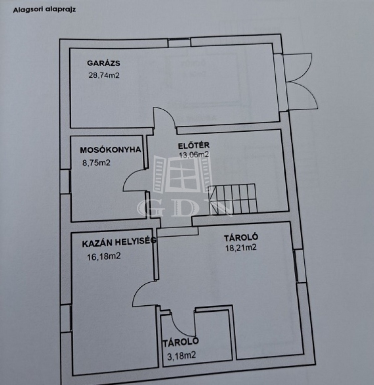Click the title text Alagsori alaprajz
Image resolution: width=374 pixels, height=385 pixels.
[x=44, y=10]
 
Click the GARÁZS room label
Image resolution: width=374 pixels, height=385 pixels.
[x=104, y=63]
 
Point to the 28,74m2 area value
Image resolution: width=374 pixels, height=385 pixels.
[x=104, y=75]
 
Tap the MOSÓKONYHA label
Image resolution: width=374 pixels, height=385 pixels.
[x=110, y=150]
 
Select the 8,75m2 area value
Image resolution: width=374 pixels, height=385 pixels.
[x=96, y=162]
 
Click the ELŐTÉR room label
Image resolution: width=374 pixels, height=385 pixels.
[x=194, y=145]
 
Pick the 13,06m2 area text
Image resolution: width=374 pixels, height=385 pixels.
[x=194, y=155]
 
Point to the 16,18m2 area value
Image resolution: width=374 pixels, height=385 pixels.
[x=104, y=257]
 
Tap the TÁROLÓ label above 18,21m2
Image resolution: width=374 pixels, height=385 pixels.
[x=241, y=238]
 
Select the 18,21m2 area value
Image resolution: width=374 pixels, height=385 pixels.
[x=241, y=248]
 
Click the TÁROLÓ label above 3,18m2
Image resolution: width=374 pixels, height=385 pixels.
[x=180, y=342]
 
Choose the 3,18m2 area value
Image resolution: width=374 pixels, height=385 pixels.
[x=181, y=355]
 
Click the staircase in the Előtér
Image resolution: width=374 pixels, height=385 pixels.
[x=232, y=199]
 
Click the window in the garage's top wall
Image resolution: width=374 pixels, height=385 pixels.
[x=179, y=42]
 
